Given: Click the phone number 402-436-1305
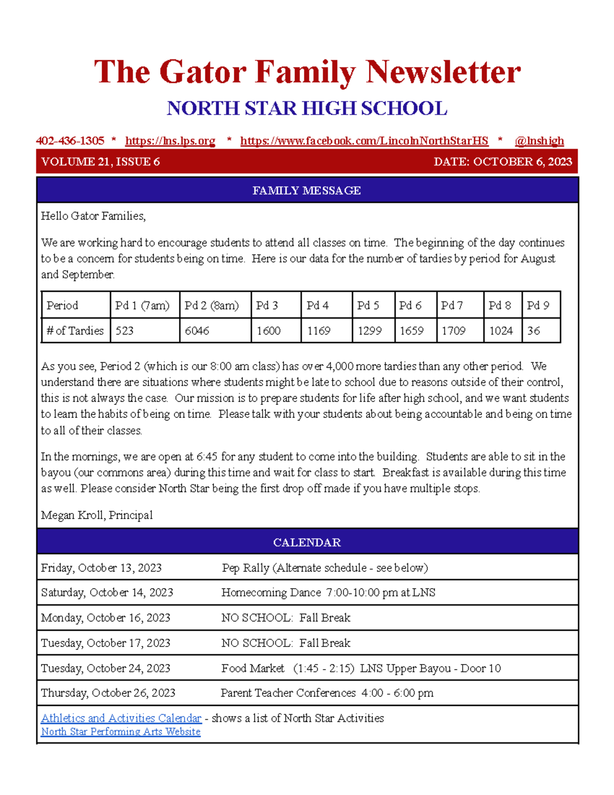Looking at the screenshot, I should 70,141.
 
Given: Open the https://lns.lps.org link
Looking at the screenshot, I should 170,141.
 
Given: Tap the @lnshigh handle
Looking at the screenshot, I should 539,141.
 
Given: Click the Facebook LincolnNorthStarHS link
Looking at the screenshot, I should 364,141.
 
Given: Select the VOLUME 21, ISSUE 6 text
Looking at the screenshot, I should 100,162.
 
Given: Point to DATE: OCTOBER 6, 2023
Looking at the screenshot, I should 502,162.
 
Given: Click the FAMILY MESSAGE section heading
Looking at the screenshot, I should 306,190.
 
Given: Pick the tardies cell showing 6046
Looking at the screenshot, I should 197,331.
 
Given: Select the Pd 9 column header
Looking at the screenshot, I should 538,306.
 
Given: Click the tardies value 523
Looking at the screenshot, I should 124,331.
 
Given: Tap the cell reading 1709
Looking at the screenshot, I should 453,331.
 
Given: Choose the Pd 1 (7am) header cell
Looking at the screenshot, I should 142,306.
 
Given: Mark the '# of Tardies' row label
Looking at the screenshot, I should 75,331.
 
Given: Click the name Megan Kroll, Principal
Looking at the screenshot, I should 97,515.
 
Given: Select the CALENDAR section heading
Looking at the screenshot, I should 306,543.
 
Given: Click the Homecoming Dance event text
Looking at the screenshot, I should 328,593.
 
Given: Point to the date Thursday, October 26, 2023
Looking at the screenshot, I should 108,693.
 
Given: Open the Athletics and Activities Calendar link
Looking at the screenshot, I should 121,718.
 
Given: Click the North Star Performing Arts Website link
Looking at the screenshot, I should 121,732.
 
